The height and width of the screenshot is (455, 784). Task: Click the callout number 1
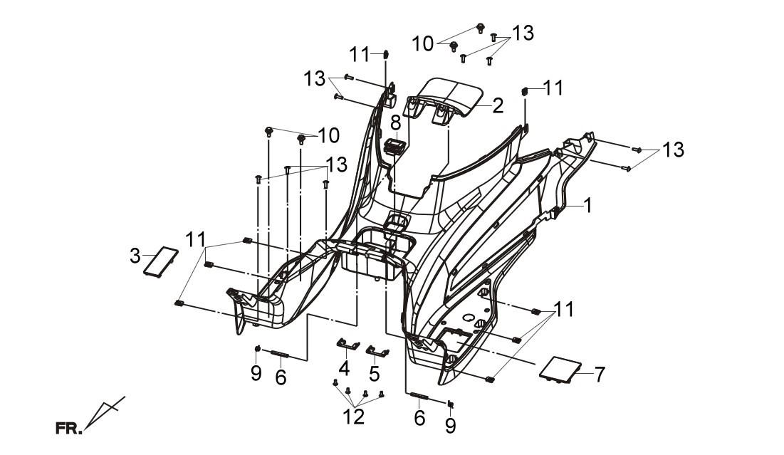tap(588, 205)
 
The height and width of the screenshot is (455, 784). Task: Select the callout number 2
tap(498, 105)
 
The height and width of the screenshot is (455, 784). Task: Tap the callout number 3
tap(135, 256)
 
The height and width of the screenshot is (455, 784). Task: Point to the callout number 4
tap(344, 369)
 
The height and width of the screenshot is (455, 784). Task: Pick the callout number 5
tap(375, 373)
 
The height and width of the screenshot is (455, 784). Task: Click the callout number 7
tap(600, 374)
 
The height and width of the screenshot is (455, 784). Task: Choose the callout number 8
tap(395, 123)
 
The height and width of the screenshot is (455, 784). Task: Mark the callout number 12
tap(354, 417)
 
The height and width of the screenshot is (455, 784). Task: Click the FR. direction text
tap(68, 429)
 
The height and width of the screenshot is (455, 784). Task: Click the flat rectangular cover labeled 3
tap(160, 260)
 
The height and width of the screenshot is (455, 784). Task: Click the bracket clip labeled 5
tap(378, 351)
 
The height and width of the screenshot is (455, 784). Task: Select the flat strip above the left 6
tap(280, 354)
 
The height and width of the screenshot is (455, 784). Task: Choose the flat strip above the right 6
tap(419, 396)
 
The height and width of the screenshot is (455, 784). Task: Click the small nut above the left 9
tap(257, 348)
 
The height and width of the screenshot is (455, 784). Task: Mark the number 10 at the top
tap(423, 43)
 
